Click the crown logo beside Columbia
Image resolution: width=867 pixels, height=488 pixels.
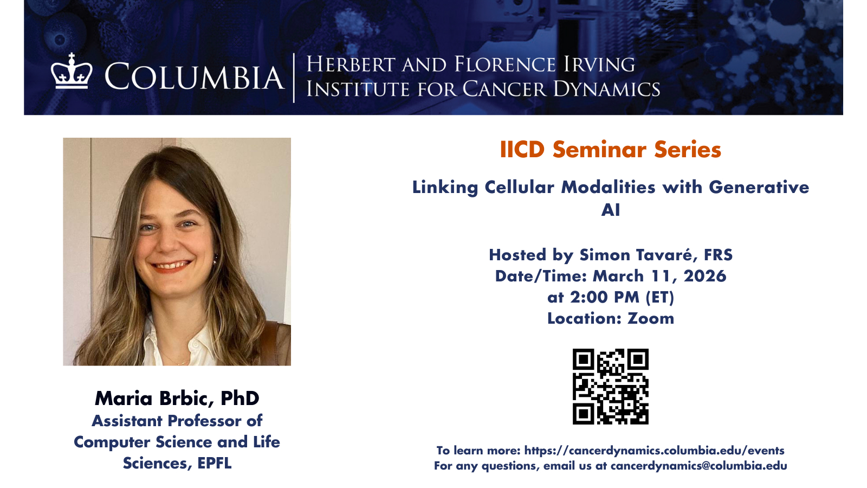click(x=72, y=71)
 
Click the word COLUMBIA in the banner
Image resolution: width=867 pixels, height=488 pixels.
click(x=194, y=76)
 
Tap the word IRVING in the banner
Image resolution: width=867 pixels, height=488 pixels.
click(x=599, y=65)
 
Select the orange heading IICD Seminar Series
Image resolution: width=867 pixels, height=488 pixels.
click(x=610, y=150)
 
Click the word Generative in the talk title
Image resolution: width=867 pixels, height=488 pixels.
click(x=759, y=188)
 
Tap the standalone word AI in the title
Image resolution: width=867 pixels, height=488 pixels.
click(x=610, y=210)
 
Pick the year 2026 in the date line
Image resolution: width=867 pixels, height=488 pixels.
click(x=705, y=276)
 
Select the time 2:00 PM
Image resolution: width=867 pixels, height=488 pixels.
click(x=605, y=298)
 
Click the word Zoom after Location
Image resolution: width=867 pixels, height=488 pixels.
click(x=651, y=318)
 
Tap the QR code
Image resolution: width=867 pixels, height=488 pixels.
click(x=610, y=387)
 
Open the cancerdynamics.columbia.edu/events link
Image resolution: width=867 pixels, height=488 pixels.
click(x=654, y=451)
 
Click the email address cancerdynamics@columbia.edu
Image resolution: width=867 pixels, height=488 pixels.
click(x=698, y=466)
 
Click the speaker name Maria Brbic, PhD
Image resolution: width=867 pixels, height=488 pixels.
click(x=177, y=399)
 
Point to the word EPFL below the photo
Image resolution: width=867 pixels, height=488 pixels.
click(x=215, y=463)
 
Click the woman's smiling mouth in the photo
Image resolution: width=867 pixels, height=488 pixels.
click(x=171, y=266)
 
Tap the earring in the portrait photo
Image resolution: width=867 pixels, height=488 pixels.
click(x=216, y=259)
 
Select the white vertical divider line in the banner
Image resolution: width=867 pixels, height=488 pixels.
click(x=294, y=78)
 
